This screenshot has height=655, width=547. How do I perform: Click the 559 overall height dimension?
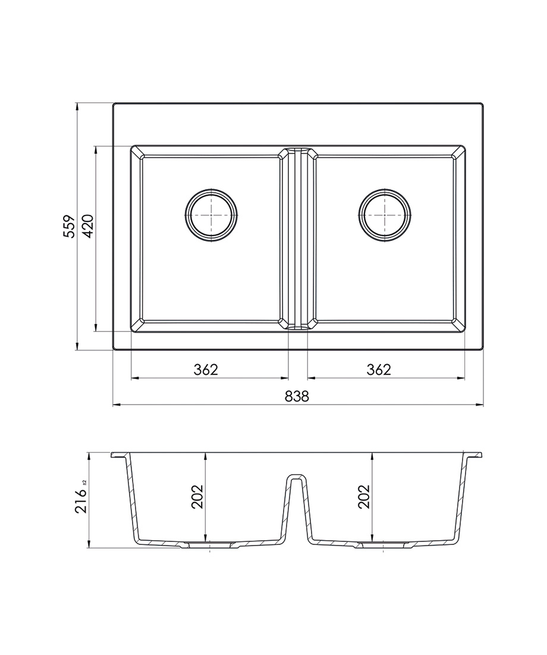pyautogui.click(x=68, y=227)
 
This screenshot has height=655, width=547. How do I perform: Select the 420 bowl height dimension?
pyautogui.click(x=87, y=226)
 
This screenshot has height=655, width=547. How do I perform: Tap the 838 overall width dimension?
pyautogui.click(x=297, y=396)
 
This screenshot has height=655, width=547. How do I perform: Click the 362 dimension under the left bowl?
pyautogui.click(x=206, y=369)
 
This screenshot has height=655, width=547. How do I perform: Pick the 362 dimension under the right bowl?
pyautogui.click(x=379, y=369)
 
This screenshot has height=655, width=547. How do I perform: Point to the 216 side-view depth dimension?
pyautogui.click(x=81, y=500)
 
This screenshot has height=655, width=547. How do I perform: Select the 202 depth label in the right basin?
pyautogui.click(x=364, y=496)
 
